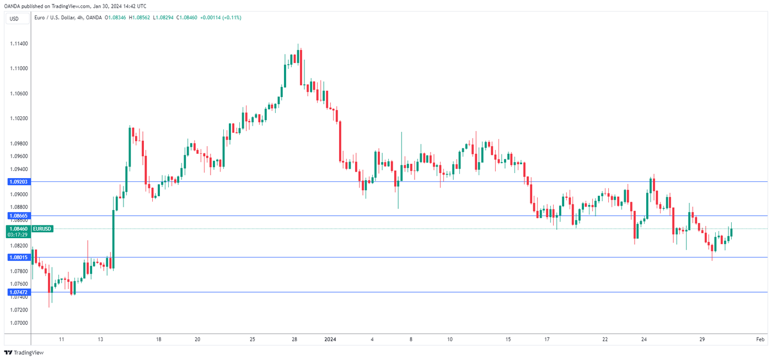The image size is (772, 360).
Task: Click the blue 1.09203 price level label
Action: (x=18, y=181)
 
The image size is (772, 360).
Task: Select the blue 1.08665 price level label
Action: (x=18, y=216)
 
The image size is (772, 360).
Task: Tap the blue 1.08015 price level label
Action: (x=18, y=257)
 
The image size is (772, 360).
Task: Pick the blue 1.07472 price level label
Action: (x=18, y=292)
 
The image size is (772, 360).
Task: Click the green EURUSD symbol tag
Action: (x=42, y=228)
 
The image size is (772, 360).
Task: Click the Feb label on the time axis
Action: (x=760, y=340)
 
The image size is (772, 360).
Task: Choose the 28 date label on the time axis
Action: (x=294, y=340)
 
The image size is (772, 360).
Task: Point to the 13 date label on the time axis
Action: (x=100, y=340)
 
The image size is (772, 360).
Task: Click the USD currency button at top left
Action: (x=14, y=19)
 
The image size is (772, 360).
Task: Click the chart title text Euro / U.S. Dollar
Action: (x=56, y=18)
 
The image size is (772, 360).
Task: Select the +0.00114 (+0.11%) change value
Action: (x=221, y=18)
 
